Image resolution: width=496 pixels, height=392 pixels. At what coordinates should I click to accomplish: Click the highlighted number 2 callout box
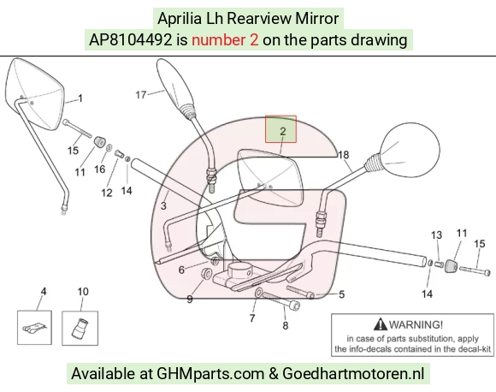[x=280, y=129]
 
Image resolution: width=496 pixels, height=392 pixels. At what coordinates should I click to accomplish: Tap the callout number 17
[x=141, y=95]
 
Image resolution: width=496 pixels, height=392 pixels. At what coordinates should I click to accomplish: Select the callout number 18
[x=344, y=155]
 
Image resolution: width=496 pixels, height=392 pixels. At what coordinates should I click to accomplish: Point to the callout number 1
[x=80, y=98]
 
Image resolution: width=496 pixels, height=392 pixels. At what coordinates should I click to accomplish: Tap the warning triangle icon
[x=381, y=324]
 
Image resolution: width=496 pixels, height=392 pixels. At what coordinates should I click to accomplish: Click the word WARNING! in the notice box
[x=416, y=324]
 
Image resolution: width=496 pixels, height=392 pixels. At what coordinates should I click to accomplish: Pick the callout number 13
[x=436, y=235]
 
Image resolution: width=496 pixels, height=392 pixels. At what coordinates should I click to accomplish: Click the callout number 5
[x=341, y=294]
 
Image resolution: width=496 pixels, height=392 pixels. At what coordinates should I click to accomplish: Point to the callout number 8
[x=286, y=325]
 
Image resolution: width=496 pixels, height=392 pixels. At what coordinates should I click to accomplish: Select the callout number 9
[x=190, y=299]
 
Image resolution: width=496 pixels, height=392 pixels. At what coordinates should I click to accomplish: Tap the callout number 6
[x=181, y=270]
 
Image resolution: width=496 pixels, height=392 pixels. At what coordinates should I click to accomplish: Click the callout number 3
[x=163, y=205]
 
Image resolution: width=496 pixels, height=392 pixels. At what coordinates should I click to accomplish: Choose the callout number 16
[x=100, y=169]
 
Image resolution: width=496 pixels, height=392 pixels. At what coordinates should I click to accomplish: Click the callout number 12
[x=107, y=193]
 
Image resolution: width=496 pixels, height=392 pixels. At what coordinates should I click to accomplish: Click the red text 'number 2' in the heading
[x=225, y=40]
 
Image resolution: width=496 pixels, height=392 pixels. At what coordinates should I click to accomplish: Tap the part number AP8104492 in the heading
[x=131, y=40]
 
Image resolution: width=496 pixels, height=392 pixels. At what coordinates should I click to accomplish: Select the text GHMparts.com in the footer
[x=210, y=373]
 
